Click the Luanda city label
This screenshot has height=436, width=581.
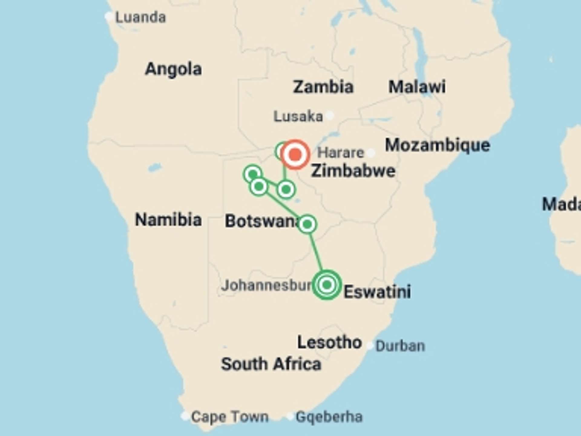(x=140, y=17)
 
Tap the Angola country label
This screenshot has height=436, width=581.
(x=173, y=69)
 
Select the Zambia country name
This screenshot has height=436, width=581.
(x=323, y=87)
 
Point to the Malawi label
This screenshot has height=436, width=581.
(x=417, y=87)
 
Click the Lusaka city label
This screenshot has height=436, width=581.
(x=298, y=116)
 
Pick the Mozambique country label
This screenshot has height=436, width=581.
(x=437, y=145)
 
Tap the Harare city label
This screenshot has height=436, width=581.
(x=340, y=153)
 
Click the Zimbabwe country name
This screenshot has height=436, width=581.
(x=353, y=171)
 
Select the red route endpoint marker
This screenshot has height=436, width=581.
(x=295, y=154)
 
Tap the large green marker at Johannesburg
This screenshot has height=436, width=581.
(x=327, y=285)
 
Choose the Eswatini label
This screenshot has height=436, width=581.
(x=377, y=292)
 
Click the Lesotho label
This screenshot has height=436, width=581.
(x=329, y=342)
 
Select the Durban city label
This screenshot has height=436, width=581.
(x=400, y=346)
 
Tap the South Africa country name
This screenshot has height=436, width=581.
(x=271, y=364)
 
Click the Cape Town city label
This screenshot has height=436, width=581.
(x=230, y=417)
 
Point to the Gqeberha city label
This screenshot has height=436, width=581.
(x=329, y=417)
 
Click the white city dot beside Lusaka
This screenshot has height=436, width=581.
(x=330, y=115)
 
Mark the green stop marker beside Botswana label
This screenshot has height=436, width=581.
(x=307, y=224)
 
